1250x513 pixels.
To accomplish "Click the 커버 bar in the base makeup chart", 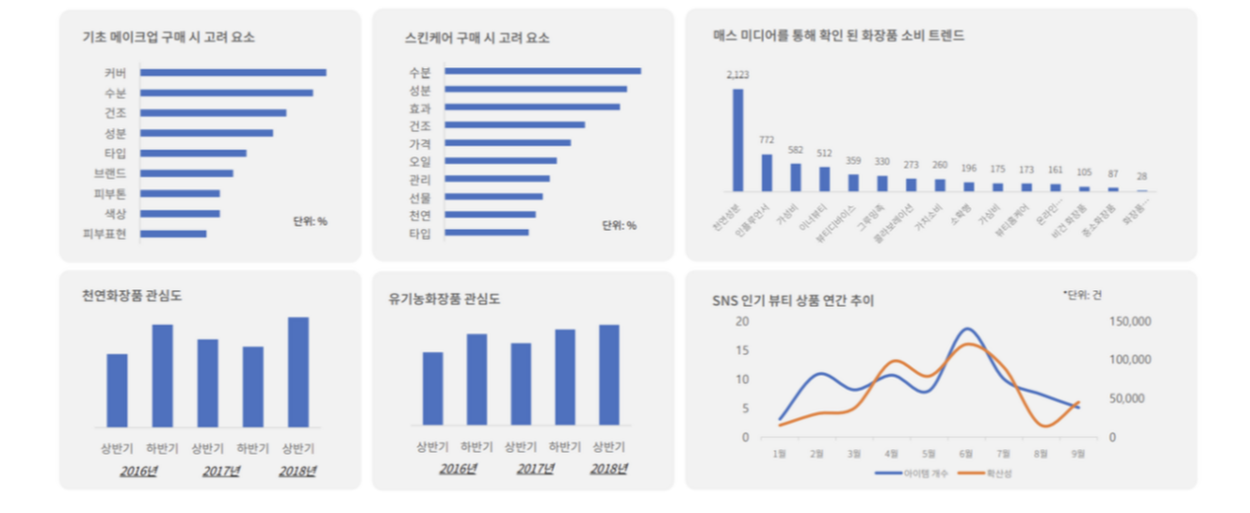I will click(x=233, y=72).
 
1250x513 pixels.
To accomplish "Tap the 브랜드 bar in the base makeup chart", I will click(x=186, y=173).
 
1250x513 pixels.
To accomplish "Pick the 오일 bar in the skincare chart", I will click(x=500, y=161).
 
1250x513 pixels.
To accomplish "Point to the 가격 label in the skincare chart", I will click(x=420, y=143).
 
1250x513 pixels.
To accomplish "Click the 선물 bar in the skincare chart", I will click(x=493, y=196).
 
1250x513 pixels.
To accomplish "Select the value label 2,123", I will click(x=737, y=75).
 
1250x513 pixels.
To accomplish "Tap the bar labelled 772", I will click(x=766, y=172).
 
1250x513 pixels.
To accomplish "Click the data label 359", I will click(x=854, y=161).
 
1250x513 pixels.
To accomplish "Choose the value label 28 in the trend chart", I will click(x=1142, y=176).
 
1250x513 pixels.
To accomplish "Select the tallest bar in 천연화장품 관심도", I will click(x=298, y=372).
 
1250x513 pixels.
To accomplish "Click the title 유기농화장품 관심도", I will click(x=444, y=299).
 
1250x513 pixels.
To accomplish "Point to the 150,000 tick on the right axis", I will click(x=1130, y=322).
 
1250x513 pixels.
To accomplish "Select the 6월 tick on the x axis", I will click(x=966, y=454).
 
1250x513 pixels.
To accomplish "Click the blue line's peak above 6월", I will click(x=968, y=329).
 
